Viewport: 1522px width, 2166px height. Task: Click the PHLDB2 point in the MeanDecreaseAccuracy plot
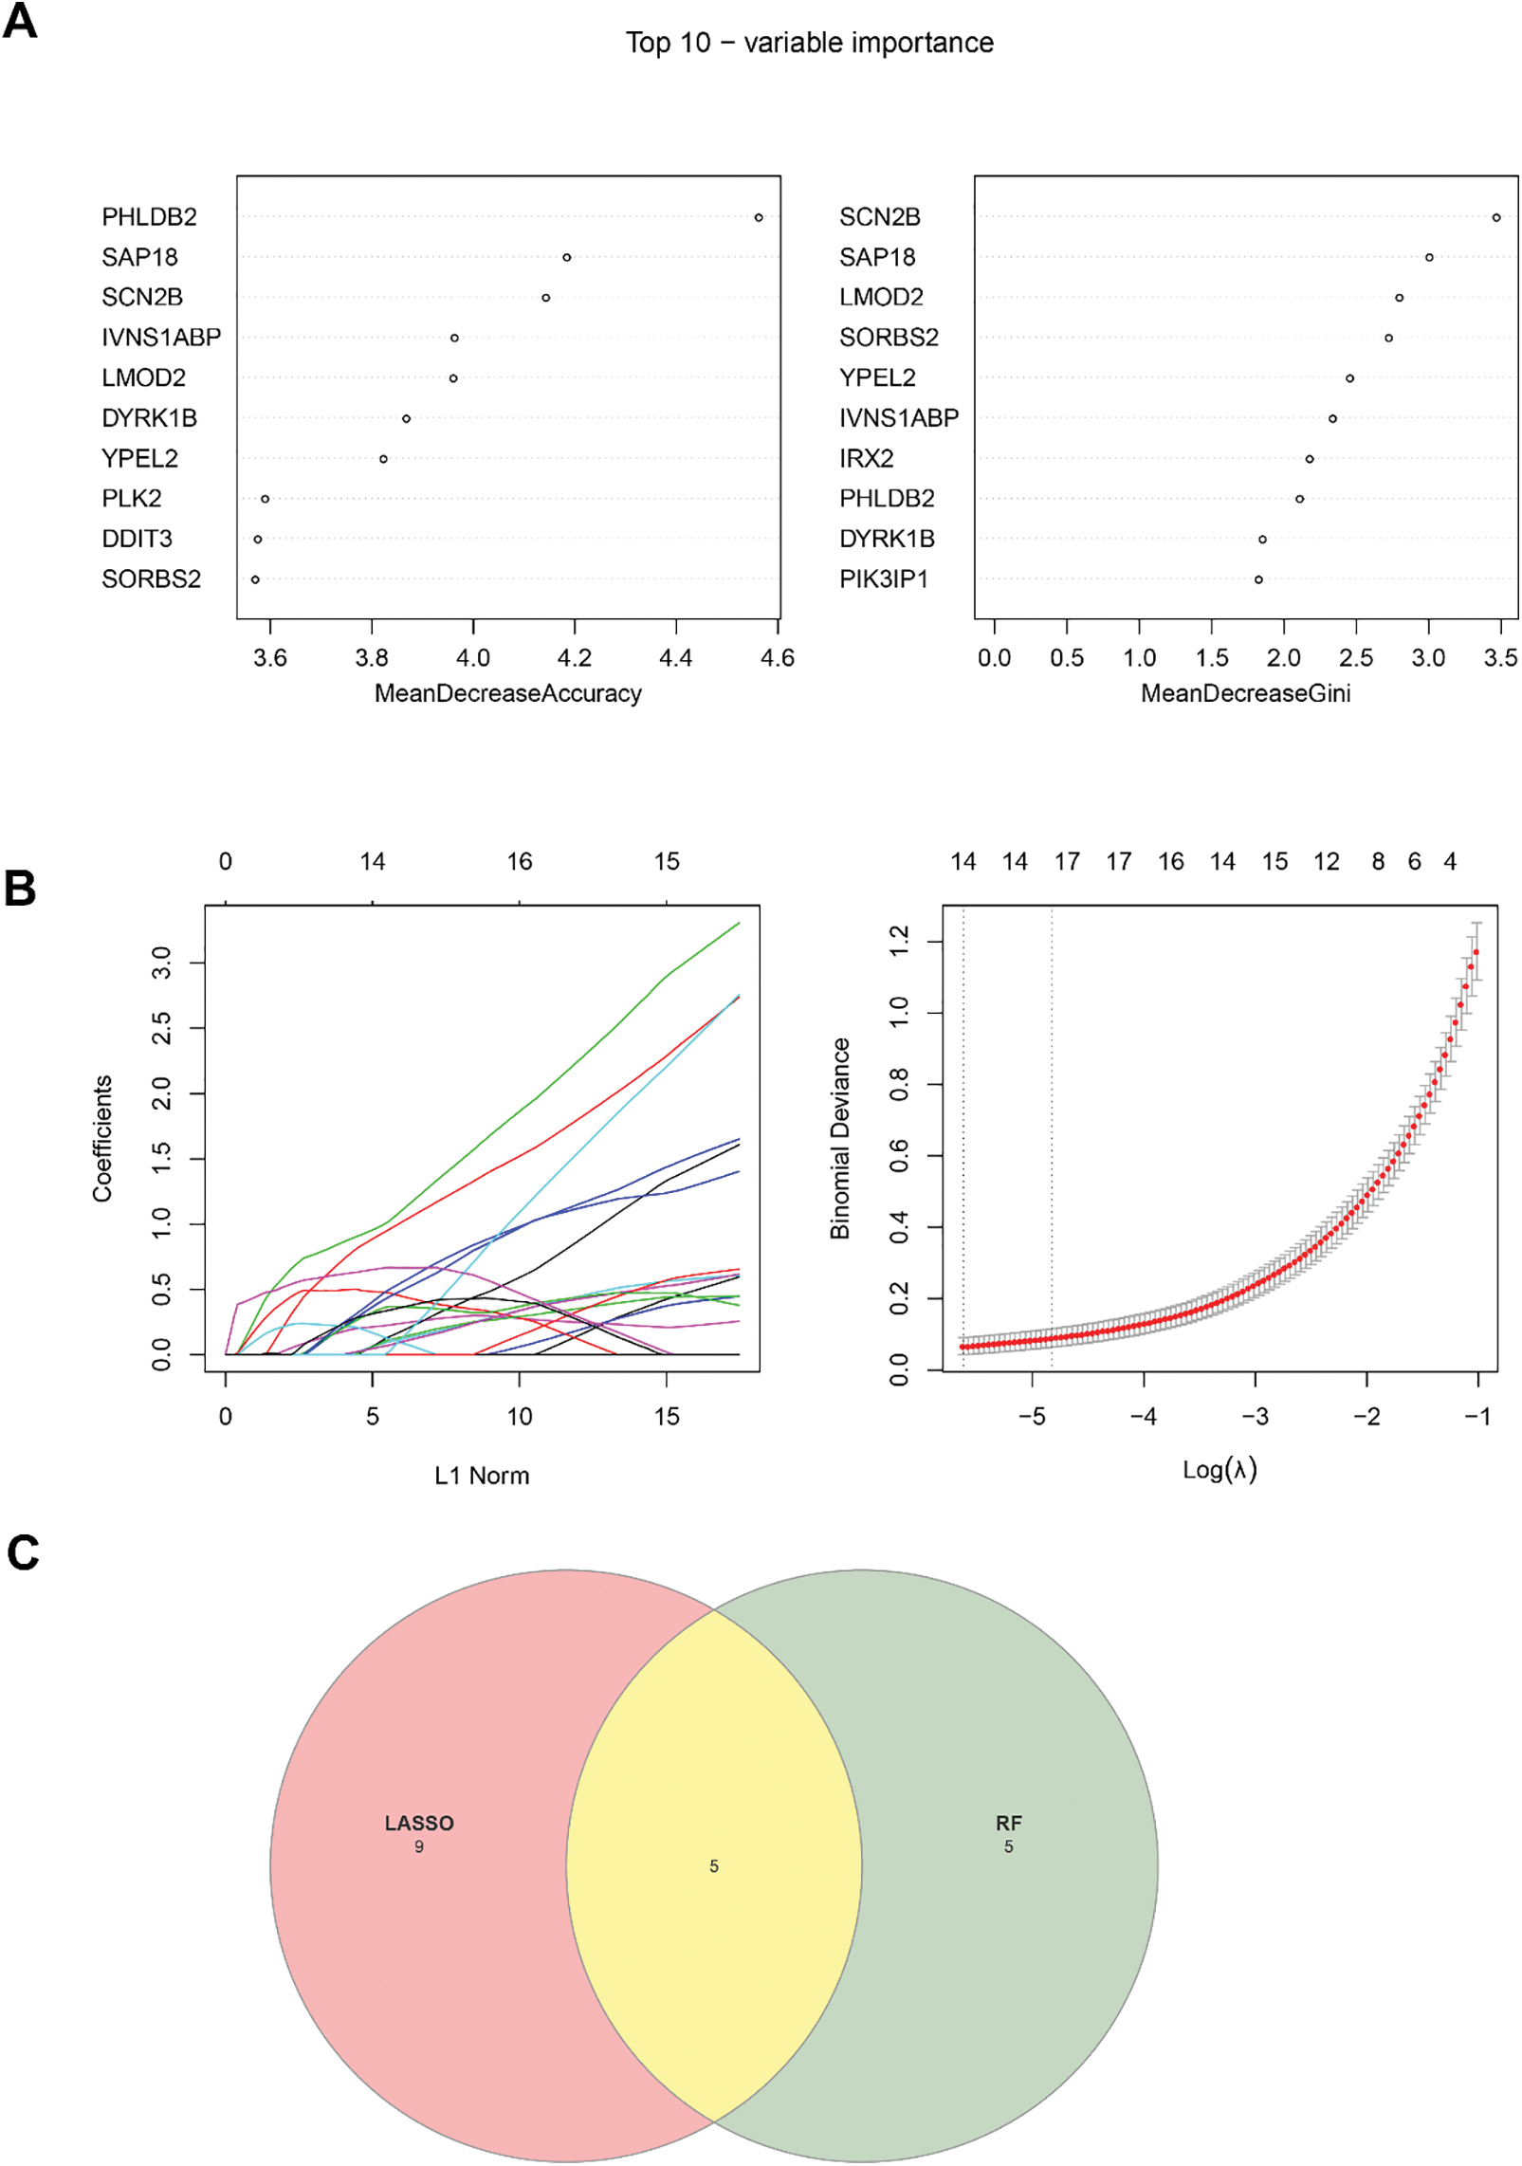758,217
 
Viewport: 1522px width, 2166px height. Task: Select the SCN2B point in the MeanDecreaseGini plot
1495,217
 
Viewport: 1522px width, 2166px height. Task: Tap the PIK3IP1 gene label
883,578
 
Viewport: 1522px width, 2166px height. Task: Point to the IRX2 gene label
866,458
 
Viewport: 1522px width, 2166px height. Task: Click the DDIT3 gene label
137,539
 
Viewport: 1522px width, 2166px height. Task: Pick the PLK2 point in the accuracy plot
265,499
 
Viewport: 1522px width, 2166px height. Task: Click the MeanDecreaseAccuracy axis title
507,693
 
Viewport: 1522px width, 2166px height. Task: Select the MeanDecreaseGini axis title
1245,693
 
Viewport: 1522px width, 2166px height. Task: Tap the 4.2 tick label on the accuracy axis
574,657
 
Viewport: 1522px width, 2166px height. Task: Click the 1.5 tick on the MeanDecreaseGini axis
1211,657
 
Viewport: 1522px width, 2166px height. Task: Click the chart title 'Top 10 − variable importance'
809,43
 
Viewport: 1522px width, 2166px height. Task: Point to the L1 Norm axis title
482,1476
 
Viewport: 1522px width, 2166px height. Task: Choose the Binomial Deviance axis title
839,1138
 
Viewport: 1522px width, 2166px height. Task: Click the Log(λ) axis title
1219,1470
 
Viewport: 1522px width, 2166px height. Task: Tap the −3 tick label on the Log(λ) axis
1255,1417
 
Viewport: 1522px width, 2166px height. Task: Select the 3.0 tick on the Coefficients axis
161,963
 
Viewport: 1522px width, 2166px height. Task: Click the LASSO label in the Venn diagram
419,1823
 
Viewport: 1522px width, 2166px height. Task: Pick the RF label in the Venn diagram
1008,1823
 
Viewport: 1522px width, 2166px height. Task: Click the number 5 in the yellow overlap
713,1866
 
